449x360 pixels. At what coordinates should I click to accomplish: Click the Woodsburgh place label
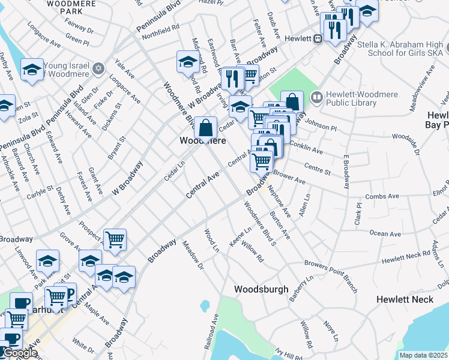(261, 289)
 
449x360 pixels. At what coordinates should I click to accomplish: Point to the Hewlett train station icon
(318, 38)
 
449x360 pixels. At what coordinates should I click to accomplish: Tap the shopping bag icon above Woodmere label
(205, 127)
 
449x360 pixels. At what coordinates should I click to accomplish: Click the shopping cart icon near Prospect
(115, 239)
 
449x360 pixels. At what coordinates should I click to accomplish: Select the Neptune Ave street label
(279, 204)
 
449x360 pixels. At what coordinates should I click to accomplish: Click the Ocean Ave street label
(385, 233)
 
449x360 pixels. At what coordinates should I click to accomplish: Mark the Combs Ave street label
(385, 196)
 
